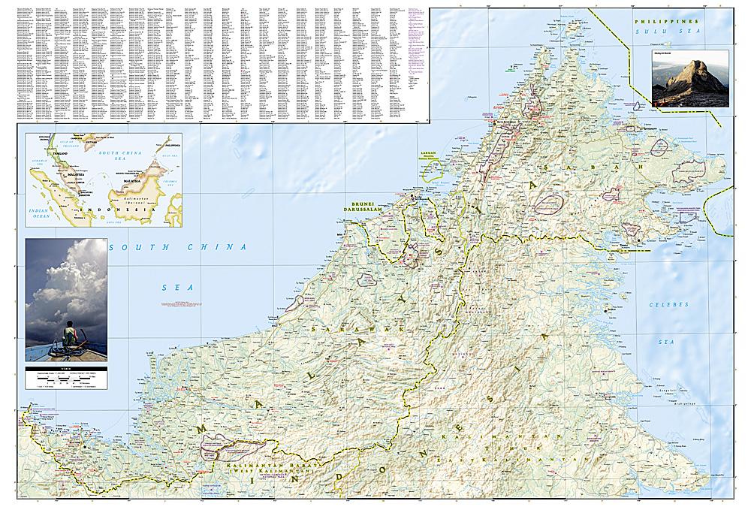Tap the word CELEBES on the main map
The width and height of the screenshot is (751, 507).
tap(661, 305)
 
